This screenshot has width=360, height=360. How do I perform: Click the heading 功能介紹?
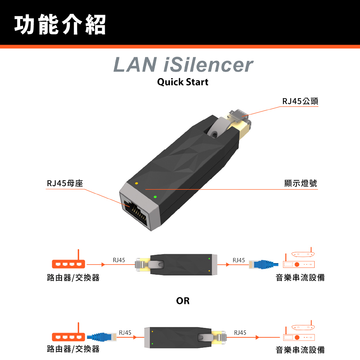tap(60, 24)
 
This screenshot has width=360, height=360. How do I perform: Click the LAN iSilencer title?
tap(183, 65)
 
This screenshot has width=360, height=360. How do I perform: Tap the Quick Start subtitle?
tap(183, 82)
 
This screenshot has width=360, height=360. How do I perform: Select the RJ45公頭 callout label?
tap(300, 101)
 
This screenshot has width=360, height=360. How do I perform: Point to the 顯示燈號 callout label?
tap(301, 184)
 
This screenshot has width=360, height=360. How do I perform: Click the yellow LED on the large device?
tap(136, 184)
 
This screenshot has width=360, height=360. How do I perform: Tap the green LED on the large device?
tap(155, 197)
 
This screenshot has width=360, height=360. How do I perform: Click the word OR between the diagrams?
tap(183, 301)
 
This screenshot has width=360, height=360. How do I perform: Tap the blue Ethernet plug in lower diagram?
tap(103, 337)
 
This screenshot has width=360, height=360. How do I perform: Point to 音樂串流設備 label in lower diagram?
tap(300, 349)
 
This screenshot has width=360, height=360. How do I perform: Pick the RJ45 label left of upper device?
tap(119, 260)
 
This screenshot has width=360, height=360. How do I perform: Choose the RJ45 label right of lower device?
tap(240, 332)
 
